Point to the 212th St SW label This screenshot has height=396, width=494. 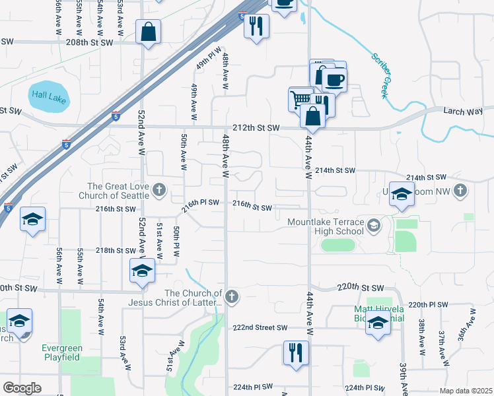256,127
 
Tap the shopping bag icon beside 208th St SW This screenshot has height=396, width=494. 148,31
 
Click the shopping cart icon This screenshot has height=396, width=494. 300,99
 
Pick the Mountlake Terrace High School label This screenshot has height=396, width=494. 326,226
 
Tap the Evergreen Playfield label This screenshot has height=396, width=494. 61,352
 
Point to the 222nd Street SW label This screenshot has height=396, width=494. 260,327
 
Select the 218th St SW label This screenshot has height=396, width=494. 116,251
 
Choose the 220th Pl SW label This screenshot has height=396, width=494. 427,305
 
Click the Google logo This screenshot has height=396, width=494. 22,388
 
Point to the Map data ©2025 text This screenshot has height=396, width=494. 466,391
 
